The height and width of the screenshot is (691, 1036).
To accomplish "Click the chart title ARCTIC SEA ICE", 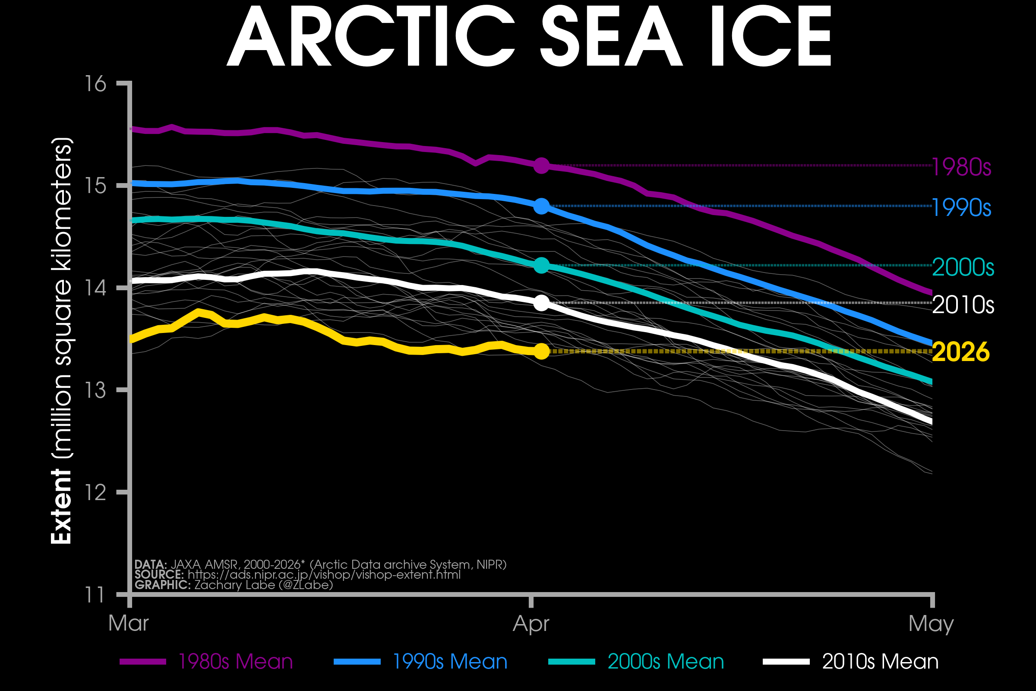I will [528, 38].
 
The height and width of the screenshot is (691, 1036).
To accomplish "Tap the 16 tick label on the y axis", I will [95, 84].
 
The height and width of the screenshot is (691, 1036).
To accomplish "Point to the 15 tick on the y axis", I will [95, 186].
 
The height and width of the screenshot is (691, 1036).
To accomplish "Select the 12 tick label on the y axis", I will [95, 492].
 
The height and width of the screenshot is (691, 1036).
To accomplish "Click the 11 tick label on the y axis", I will [95, 595].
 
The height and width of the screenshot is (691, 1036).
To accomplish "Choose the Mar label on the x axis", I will [129, 624].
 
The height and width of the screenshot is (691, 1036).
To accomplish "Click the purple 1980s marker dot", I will [541, 166].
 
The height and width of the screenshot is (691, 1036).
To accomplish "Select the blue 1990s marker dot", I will [541, 206].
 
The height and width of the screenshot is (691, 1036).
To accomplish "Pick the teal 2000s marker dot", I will [541, 265].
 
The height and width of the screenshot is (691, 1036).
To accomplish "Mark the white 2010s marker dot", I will [541, 303].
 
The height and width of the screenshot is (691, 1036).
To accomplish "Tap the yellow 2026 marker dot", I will [541, 351].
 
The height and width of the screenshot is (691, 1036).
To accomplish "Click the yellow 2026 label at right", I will [961, 352].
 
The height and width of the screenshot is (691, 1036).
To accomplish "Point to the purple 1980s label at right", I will [961, 168].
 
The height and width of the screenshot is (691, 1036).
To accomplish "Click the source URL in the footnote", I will [324, 575].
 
